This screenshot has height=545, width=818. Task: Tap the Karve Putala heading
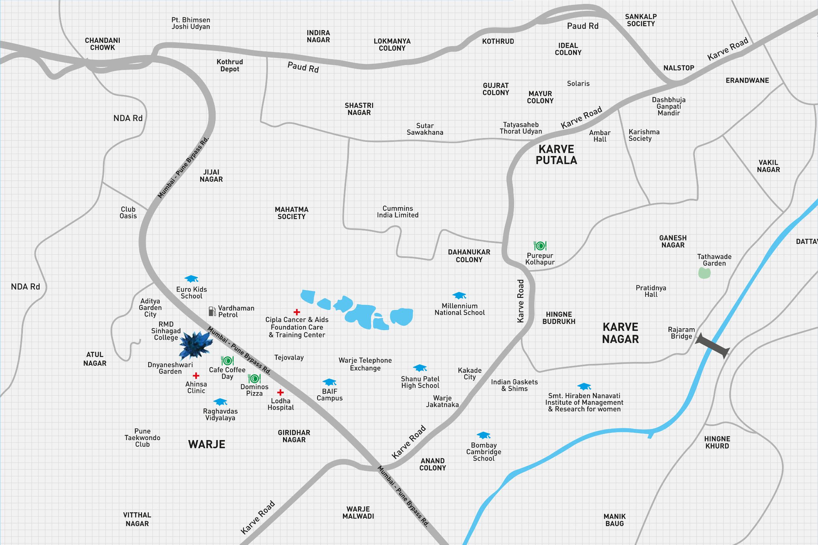click(556, 155)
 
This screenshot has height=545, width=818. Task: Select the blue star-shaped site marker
click(195, 345)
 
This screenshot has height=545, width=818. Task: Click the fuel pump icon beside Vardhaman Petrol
click(212, 311)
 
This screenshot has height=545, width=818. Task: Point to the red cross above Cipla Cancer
click(297, 312)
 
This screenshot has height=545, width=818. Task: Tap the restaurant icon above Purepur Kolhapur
click(540, 246)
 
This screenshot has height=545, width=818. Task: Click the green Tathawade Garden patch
click(704, 273)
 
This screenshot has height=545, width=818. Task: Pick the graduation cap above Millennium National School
click(459, 296)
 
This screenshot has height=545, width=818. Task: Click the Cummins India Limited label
click(398, 212)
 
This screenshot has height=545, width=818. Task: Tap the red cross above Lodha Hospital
click(280, 392)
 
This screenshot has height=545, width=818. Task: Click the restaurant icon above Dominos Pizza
click(254, 379)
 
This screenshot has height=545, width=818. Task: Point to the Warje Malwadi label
click(358, 513)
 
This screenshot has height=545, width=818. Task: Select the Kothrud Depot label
click(230, 65)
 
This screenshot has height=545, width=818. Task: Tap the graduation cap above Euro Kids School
click(191, 279)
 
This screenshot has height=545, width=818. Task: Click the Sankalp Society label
click(641, 20)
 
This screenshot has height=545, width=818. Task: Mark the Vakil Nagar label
click(768, 166)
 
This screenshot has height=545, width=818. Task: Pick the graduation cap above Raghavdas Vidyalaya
click(220, 402)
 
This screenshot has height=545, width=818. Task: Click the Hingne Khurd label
click(717, 442)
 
